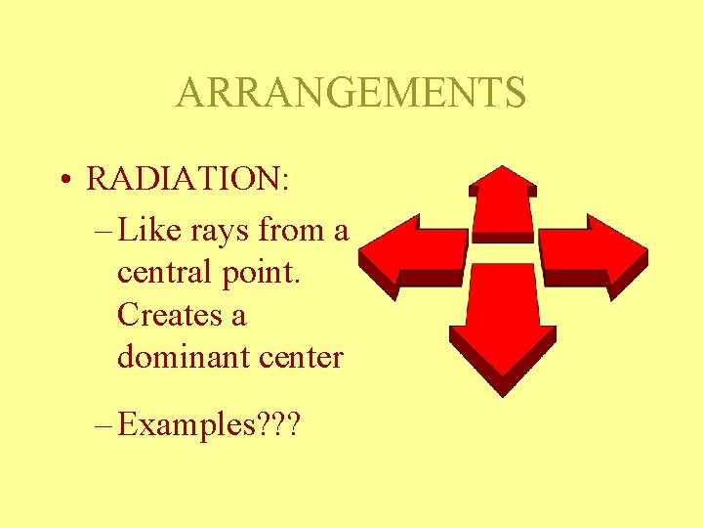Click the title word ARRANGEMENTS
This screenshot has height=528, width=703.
tap(351, 93)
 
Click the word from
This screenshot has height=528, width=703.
tap(291, 232)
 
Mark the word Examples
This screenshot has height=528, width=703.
tap(185, 425)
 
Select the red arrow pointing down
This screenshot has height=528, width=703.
tap(502, 323)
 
